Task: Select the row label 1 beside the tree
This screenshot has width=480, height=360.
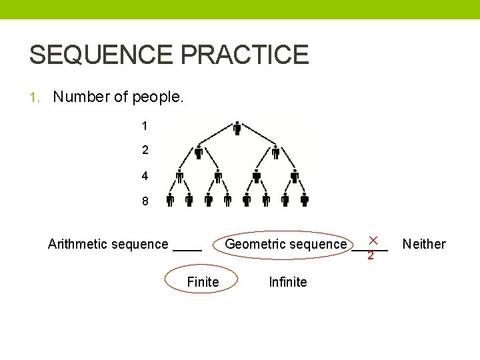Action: pos(145,125)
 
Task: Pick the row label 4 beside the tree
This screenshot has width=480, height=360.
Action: pos(145,176)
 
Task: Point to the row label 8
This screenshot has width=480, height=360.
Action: pos(145,201)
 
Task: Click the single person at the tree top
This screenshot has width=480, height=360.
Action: pos(237,129)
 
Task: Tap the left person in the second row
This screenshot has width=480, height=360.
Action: pos(198,153)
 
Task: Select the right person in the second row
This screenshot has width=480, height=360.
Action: pos(275,153)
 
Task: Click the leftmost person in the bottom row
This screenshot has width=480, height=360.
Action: pos(170,199)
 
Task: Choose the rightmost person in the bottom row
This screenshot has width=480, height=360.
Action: pos(304,199)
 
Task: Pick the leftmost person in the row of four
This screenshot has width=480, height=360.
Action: pos(179,177)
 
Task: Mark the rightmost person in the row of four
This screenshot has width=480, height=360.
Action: pos(295,177)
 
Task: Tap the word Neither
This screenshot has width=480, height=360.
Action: pos(424,244)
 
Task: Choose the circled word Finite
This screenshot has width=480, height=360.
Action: pos(203,282)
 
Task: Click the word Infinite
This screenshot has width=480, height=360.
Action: pos(287,282)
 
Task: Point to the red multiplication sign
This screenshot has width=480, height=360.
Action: pos(373,239)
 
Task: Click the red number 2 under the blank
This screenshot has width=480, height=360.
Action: pos(371,256)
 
